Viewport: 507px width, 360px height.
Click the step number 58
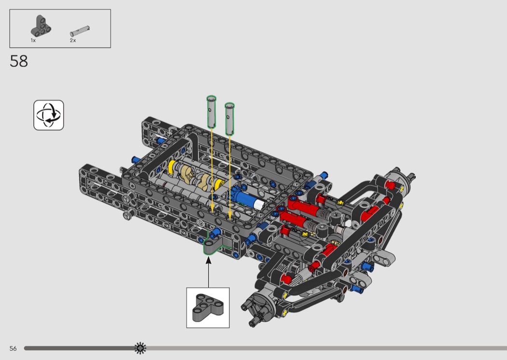pos(19,61)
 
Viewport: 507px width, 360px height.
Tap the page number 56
pos(13,348)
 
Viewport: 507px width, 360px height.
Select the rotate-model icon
pos(48,115)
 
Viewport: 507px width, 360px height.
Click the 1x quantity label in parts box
pos(33,41)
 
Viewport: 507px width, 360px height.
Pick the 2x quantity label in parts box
pos(73,41)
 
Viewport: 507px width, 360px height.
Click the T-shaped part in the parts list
pos(41,26)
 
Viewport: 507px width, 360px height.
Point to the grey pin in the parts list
pos(80,31)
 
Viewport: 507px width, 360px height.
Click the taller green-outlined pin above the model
pos(211,112)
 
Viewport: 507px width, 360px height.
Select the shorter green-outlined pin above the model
pos(229,119)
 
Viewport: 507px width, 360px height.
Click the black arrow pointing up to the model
pos(209,272)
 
